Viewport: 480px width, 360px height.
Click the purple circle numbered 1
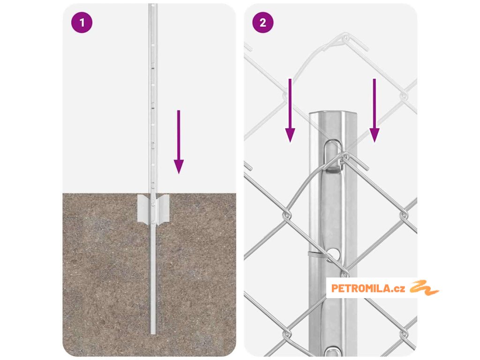coord(82,22)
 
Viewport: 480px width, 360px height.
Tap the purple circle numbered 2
coord(263,22)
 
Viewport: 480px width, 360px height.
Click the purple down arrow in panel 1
coord(179,142)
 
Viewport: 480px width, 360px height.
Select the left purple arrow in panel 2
coord(290,110)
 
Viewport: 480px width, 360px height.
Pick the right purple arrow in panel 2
coord(375,110)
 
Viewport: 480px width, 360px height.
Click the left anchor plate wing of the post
coord(144,208)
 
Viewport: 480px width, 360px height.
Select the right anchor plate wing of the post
coord(163,209)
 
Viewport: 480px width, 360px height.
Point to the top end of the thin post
coord(153,5)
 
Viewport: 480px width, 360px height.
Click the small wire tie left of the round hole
coord(315,254)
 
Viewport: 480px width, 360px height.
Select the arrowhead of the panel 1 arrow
coord(179,167)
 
